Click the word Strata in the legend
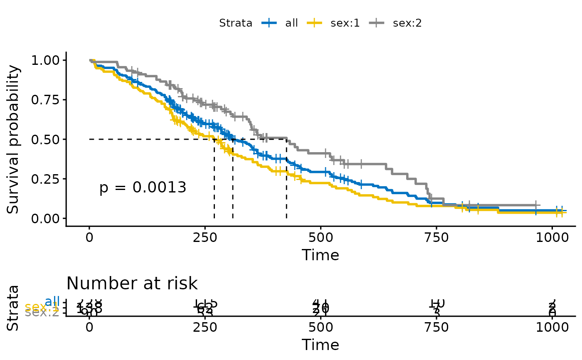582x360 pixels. point(236,23)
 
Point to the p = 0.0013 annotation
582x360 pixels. point(143,188)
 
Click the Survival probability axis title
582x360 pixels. point(13,139)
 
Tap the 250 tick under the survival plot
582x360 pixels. point(205,238)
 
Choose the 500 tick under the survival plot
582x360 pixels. point(321,238)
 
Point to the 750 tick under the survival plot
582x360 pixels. point(436,238)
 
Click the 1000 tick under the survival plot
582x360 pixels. point(552,238)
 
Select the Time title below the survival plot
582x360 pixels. point(321,255)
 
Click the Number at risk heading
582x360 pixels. point(132,284)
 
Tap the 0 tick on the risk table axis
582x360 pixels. point(89,327)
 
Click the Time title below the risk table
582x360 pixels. point(321,345)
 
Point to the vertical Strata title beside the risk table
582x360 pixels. point(13,308)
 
